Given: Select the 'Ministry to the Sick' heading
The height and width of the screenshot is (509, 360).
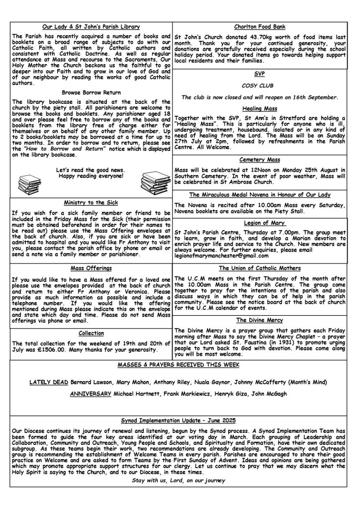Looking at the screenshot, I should [x=91, y=202].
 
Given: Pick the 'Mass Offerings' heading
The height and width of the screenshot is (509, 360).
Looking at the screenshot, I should [x=91, y=268].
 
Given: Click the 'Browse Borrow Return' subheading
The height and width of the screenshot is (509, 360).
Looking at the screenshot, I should [x=91, y=92].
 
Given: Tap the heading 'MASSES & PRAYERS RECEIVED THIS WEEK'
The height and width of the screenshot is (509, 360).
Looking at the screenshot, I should [x=179, y=365].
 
